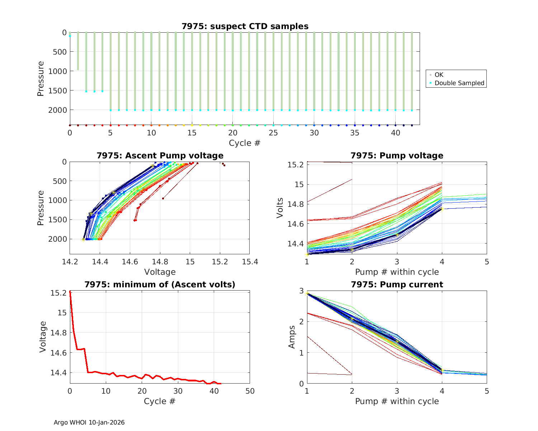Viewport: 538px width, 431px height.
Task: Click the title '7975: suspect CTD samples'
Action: click(x=245, y=26)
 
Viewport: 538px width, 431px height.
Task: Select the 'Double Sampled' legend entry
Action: click(x=459, y=83)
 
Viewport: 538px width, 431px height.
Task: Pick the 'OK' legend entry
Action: click(x=439, y=75)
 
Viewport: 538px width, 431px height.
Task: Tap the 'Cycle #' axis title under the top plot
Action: click(x=245, y=143)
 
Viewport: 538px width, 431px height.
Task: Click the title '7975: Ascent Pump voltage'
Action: click(x=160, y=156)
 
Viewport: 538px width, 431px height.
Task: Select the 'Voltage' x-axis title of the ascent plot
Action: click(x=160, y=272)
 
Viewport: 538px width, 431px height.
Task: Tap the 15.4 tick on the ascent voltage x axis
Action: click(x=250, y=262)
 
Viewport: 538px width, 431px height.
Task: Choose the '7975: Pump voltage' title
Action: click(x=397, y=156)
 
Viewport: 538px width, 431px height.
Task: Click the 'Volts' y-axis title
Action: click(x=280, y=208)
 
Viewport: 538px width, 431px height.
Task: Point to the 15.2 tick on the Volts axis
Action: click(x=296, y=165)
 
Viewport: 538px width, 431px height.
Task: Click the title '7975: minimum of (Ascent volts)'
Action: click(x=160, y=284)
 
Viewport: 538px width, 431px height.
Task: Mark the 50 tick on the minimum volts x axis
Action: click(x=250, y=391)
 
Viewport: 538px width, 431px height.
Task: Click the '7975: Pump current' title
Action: click(x=397, y=284)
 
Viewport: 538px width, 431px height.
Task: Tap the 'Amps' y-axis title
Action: click(x=293, y=337)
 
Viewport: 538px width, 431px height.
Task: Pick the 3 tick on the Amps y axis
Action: click(x=302, y=291)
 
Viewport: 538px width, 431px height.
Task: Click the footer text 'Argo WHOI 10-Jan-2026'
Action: click(x=89, y=422)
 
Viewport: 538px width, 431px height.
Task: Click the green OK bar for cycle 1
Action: click(x=78, y=51)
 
